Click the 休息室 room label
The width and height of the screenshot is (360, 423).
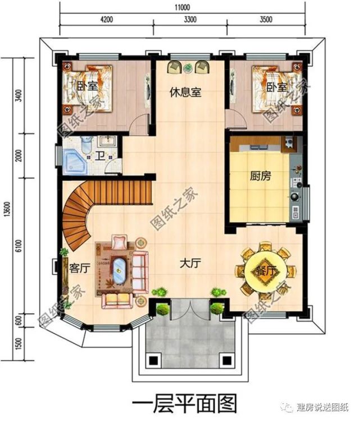click(185, 92)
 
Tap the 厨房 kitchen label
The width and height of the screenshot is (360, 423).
click(261, 176)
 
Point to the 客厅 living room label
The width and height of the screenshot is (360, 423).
click(79, 268)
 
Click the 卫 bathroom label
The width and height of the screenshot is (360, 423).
click(101, 156)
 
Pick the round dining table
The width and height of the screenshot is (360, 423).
click(266, 271)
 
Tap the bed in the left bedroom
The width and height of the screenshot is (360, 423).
click(88, 88)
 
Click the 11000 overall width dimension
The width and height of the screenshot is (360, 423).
click(182, 7)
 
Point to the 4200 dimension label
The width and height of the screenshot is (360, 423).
click(106, 20)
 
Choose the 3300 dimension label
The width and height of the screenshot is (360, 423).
click(190, 20)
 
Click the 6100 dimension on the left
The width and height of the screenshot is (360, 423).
click(18, 246)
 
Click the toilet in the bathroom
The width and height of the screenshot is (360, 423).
click(86, 144)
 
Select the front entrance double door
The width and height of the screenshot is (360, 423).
click(190, 309)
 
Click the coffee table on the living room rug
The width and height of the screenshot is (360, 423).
click(119, 270)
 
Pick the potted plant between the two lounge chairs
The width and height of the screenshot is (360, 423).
click(188, 68)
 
